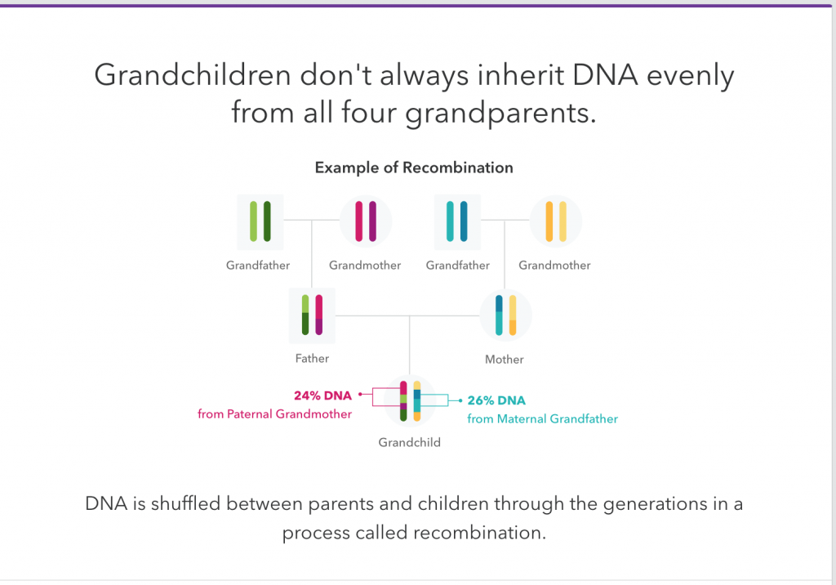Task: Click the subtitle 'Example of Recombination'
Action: click(x=414, y=167)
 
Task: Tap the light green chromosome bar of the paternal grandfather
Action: click(x=253, y=221)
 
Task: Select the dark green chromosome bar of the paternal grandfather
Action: click(x=267, y=221)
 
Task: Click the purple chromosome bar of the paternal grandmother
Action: click(x=372, y=221)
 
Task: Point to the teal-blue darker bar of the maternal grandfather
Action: click(x=464, y=221)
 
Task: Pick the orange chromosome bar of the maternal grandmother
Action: click(x=549, y=221)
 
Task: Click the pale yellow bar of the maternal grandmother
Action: click(x=563, y=221)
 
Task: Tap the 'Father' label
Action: click(x=312, y=358)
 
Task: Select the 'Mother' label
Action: click(x=505, y=359)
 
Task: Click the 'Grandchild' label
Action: click(x=410, y=443)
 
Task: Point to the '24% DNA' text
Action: click(x=322, y=395)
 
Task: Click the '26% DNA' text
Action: click(x=496, y=400)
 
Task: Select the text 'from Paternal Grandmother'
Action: click(x=274, y=414)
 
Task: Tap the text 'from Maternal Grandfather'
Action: click(x=543, y=419)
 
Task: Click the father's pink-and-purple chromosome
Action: click(x=319, y=315)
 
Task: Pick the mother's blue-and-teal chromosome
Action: click(x=499, y=315)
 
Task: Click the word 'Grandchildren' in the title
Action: click(x=193, y=74)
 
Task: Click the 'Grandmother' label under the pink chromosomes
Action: click(x=365, y=266)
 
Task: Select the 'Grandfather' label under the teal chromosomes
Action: click(x=457, y=266)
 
